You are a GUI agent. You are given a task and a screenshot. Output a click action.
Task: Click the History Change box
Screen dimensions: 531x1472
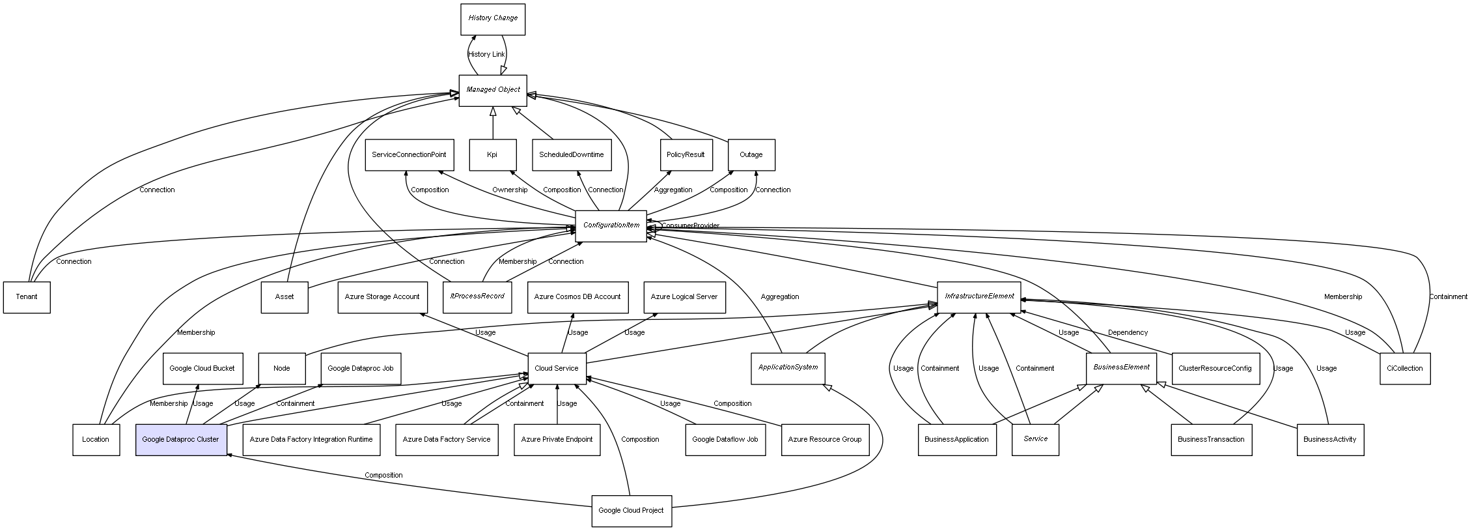(492, 19)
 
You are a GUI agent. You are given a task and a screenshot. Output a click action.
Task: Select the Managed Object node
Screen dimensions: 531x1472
(493, 90)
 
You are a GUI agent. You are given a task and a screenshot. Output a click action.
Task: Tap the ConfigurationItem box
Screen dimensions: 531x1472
(611, 225)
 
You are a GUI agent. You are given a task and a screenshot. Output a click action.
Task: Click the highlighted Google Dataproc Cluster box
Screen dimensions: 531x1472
(180, 439)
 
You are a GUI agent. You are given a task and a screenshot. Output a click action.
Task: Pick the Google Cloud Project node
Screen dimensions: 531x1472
(631, 510)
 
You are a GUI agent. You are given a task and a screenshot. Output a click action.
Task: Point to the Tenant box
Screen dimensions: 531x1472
(27, 297)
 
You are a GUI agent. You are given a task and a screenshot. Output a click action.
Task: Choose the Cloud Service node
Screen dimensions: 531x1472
(556, 368)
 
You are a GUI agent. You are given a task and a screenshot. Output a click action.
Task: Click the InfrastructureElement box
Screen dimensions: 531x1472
(979, 296)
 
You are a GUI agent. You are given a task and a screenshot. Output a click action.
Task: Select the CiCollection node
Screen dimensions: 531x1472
(1404, 368)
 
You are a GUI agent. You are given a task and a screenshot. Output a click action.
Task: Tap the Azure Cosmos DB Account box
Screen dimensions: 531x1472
(577, 297)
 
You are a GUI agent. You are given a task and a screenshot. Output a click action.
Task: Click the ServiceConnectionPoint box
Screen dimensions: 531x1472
(409, 154)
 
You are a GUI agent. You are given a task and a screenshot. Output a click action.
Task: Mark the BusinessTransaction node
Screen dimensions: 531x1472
(1211, 439)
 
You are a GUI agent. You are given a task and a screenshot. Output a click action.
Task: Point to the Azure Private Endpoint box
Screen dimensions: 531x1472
(557, 439)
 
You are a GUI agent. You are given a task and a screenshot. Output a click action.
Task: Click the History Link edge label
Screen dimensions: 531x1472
(486, 54)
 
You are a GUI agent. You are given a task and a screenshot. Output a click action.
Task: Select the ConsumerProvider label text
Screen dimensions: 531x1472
(691, 225)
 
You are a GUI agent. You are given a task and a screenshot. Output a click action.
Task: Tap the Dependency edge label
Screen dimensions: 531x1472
(1128, 332)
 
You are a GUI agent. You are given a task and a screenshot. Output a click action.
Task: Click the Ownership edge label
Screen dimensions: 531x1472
(510, 190)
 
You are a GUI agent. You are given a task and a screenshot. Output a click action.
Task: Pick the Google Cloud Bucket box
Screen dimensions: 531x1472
(202, 368)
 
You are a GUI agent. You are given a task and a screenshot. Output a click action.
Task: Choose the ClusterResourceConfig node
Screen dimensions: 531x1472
(1215, 368)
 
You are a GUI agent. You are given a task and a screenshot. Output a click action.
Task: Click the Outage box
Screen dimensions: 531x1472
(751, 154)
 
